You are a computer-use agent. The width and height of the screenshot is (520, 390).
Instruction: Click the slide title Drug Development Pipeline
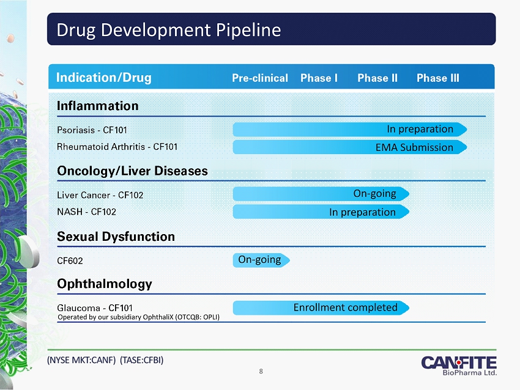click(169, 30)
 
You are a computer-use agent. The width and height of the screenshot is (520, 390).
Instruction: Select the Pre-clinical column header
click(260, 78)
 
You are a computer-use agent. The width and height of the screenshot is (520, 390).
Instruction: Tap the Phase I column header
click(319, 78)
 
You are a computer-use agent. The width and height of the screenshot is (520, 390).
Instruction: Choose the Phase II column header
click(377, 78)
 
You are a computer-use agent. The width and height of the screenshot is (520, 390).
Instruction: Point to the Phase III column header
click(437, 78)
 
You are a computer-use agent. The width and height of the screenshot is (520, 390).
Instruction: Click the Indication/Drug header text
click(104, 78)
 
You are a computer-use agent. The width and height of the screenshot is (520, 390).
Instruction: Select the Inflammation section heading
click(98, 106)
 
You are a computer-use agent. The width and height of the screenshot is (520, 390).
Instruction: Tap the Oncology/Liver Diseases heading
click(132, 171)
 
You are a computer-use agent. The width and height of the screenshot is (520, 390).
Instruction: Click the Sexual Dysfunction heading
click(116, 236)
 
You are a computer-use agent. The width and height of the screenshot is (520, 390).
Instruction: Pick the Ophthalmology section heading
click(104, 284)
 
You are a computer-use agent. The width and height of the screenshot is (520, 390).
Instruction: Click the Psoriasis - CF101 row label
click(92, 130)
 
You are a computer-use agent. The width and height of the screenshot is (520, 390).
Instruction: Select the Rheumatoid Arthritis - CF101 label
click(117, 147)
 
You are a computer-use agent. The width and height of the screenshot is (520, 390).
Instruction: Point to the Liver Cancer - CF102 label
click(100, 195)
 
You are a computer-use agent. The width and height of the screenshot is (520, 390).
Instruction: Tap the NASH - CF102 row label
click(86, 212)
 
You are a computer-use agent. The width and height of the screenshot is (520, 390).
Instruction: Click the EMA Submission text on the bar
click(414, 147)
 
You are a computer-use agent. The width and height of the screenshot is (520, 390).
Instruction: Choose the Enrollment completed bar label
click(346, 307)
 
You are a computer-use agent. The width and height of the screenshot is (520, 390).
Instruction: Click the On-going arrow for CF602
click(261, 260)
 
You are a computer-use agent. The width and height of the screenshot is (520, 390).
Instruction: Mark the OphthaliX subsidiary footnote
click(138, 317)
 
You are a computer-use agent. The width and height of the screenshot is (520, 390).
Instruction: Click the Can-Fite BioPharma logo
click(459, 364)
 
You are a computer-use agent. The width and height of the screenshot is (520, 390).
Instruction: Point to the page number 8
click(261, 370)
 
